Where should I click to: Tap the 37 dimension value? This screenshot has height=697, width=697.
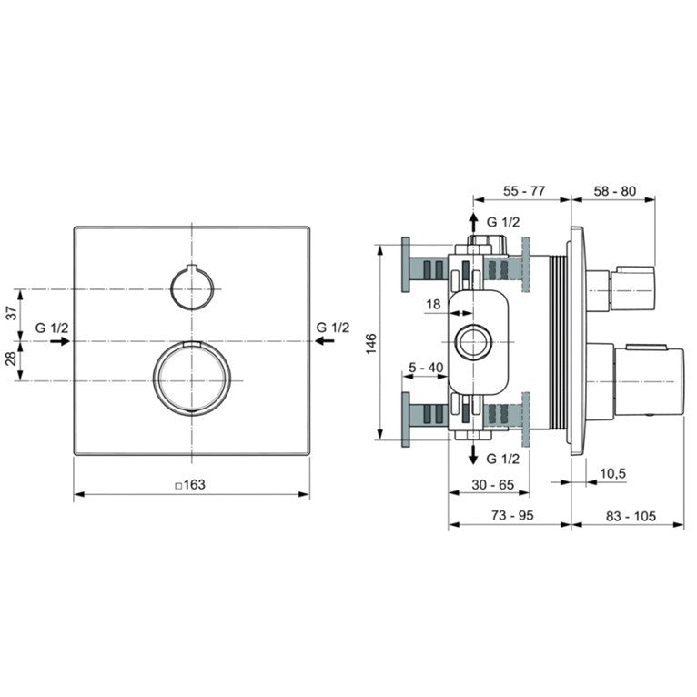[x=12, y=313]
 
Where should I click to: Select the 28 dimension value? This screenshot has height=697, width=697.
[x=12, y=359]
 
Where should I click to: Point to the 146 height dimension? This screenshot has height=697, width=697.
[x=371, y=344]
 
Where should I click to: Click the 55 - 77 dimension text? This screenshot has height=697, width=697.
[x=524, y=191]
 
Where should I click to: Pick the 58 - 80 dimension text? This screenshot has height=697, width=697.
[x=615, y=191]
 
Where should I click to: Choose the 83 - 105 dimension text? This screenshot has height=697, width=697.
[x=631, y=516]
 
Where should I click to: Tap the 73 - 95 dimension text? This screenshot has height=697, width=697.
[x=512, y=515]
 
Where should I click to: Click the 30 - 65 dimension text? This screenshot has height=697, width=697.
[x=492, y=484]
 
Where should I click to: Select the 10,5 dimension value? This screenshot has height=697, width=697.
[x=613, y=474]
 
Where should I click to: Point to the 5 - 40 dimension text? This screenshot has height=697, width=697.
[x=426, y=368]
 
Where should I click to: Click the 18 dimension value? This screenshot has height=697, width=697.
[x=433, y=305]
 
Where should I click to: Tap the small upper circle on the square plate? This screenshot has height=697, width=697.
[x=192, y=287]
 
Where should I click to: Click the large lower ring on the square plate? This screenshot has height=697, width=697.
[x=192, y=379]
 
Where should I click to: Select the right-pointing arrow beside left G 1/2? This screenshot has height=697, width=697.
[x=60, y=341]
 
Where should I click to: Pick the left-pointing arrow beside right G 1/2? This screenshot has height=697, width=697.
[x=325, y=341]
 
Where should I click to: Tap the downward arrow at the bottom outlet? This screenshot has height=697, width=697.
[x=474, y=454]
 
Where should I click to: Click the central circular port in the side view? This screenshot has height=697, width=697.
[x=473, y=342]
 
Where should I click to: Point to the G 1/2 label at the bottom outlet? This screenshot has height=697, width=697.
[x=503, y=459]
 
